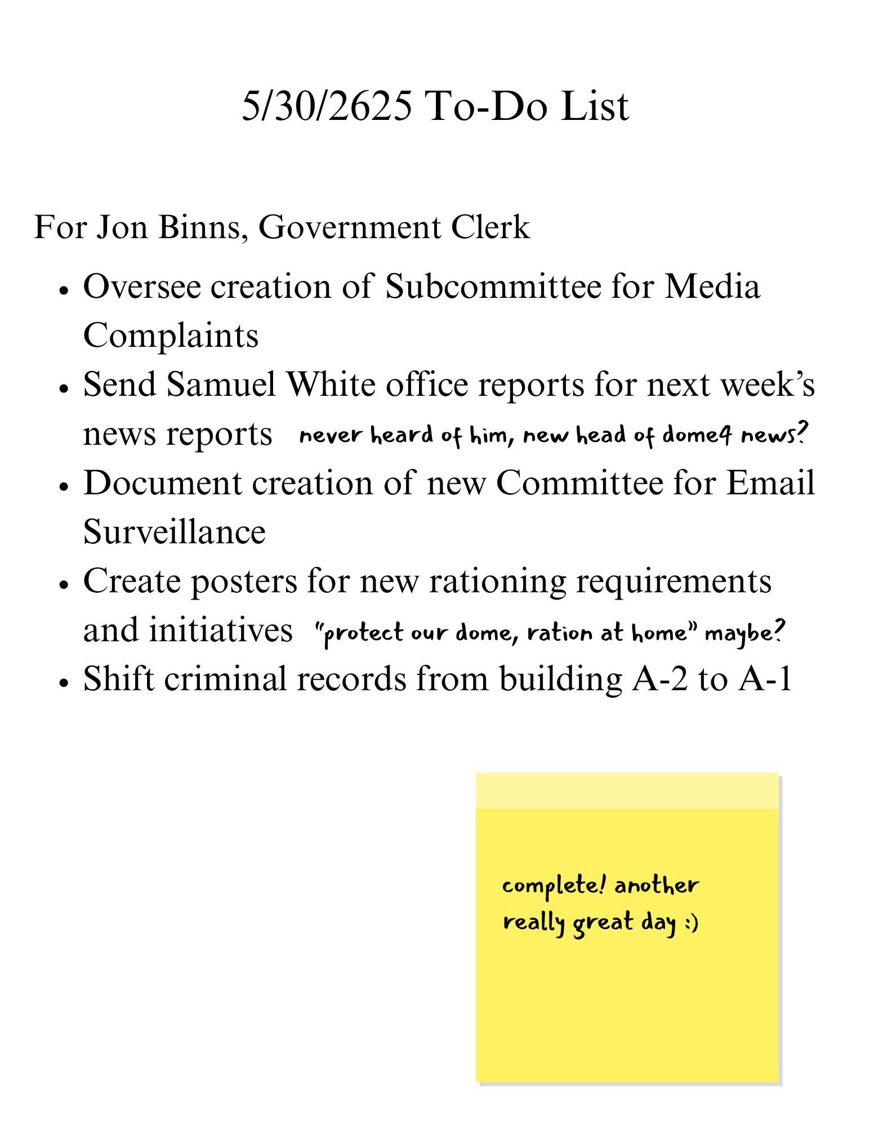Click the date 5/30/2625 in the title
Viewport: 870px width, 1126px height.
click(327, 106)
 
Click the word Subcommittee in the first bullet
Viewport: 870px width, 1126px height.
click(493, 286)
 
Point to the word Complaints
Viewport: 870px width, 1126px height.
click(171, 336)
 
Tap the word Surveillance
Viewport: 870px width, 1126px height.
click(174, 532)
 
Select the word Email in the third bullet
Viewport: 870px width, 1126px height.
click(770, 483)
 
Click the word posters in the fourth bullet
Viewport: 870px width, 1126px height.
click(243, 581)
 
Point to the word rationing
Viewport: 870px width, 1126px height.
click(497, 581)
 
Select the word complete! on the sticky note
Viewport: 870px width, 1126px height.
click(554, 886)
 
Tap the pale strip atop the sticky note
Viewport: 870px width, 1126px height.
click(627, 791)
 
